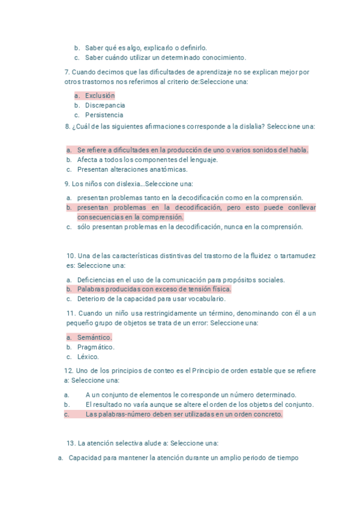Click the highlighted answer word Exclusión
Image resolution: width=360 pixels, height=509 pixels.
[x=100, y=95]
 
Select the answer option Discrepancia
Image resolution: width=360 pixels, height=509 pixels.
[x=105, y=105]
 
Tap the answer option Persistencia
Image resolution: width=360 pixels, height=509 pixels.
[x=104, y=115]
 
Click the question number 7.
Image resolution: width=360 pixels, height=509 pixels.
[x=66, y=72]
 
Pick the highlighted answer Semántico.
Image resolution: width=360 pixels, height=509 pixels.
[x=94, y=337]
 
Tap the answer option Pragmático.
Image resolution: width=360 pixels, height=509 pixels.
[x=95, y=347]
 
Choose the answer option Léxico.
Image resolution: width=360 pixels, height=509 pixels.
[x=88, y=357]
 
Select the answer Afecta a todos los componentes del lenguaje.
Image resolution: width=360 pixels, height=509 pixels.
[x=147, y=160]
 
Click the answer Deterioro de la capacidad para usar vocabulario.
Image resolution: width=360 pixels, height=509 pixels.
[x=151, y=298]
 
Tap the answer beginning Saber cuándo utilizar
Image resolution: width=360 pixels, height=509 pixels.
[x=165, y=58]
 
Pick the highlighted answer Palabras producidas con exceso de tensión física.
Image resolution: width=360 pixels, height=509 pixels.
[x=154, y=289]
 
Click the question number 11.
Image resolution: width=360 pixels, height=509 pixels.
[x=70, y=313]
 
